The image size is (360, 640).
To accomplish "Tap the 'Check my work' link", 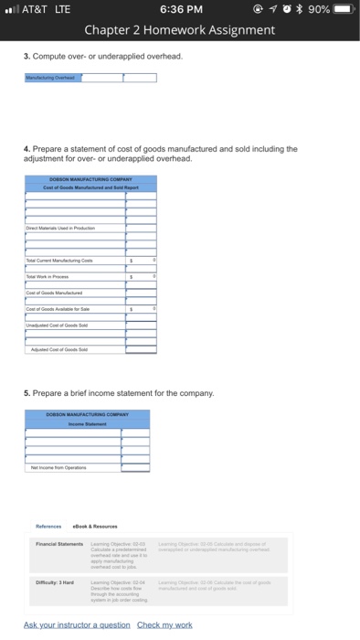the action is coord(166,624).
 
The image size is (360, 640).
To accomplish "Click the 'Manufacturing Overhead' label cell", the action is coord(52,78).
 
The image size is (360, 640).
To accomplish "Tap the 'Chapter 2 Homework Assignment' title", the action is coord(180,29).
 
